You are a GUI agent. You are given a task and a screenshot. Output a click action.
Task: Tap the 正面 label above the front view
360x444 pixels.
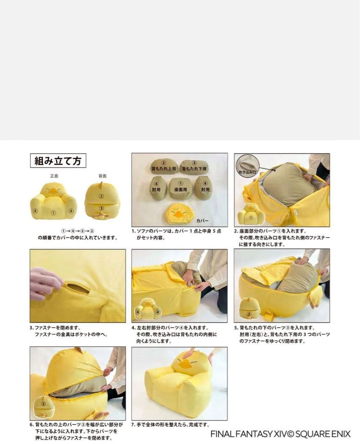(x=54, y=176)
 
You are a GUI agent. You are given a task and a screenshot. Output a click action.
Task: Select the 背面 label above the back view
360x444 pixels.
(x=102, y=176)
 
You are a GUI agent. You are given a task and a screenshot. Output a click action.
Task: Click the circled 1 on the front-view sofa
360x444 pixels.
(x=53, y=213)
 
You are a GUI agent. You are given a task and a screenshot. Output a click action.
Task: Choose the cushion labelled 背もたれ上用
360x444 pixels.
(x=163, y=166)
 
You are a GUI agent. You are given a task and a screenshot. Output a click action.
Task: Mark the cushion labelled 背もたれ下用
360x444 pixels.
(x=194, y=166)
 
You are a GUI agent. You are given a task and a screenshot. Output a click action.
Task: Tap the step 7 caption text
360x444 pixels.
(x=170, y=425)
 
